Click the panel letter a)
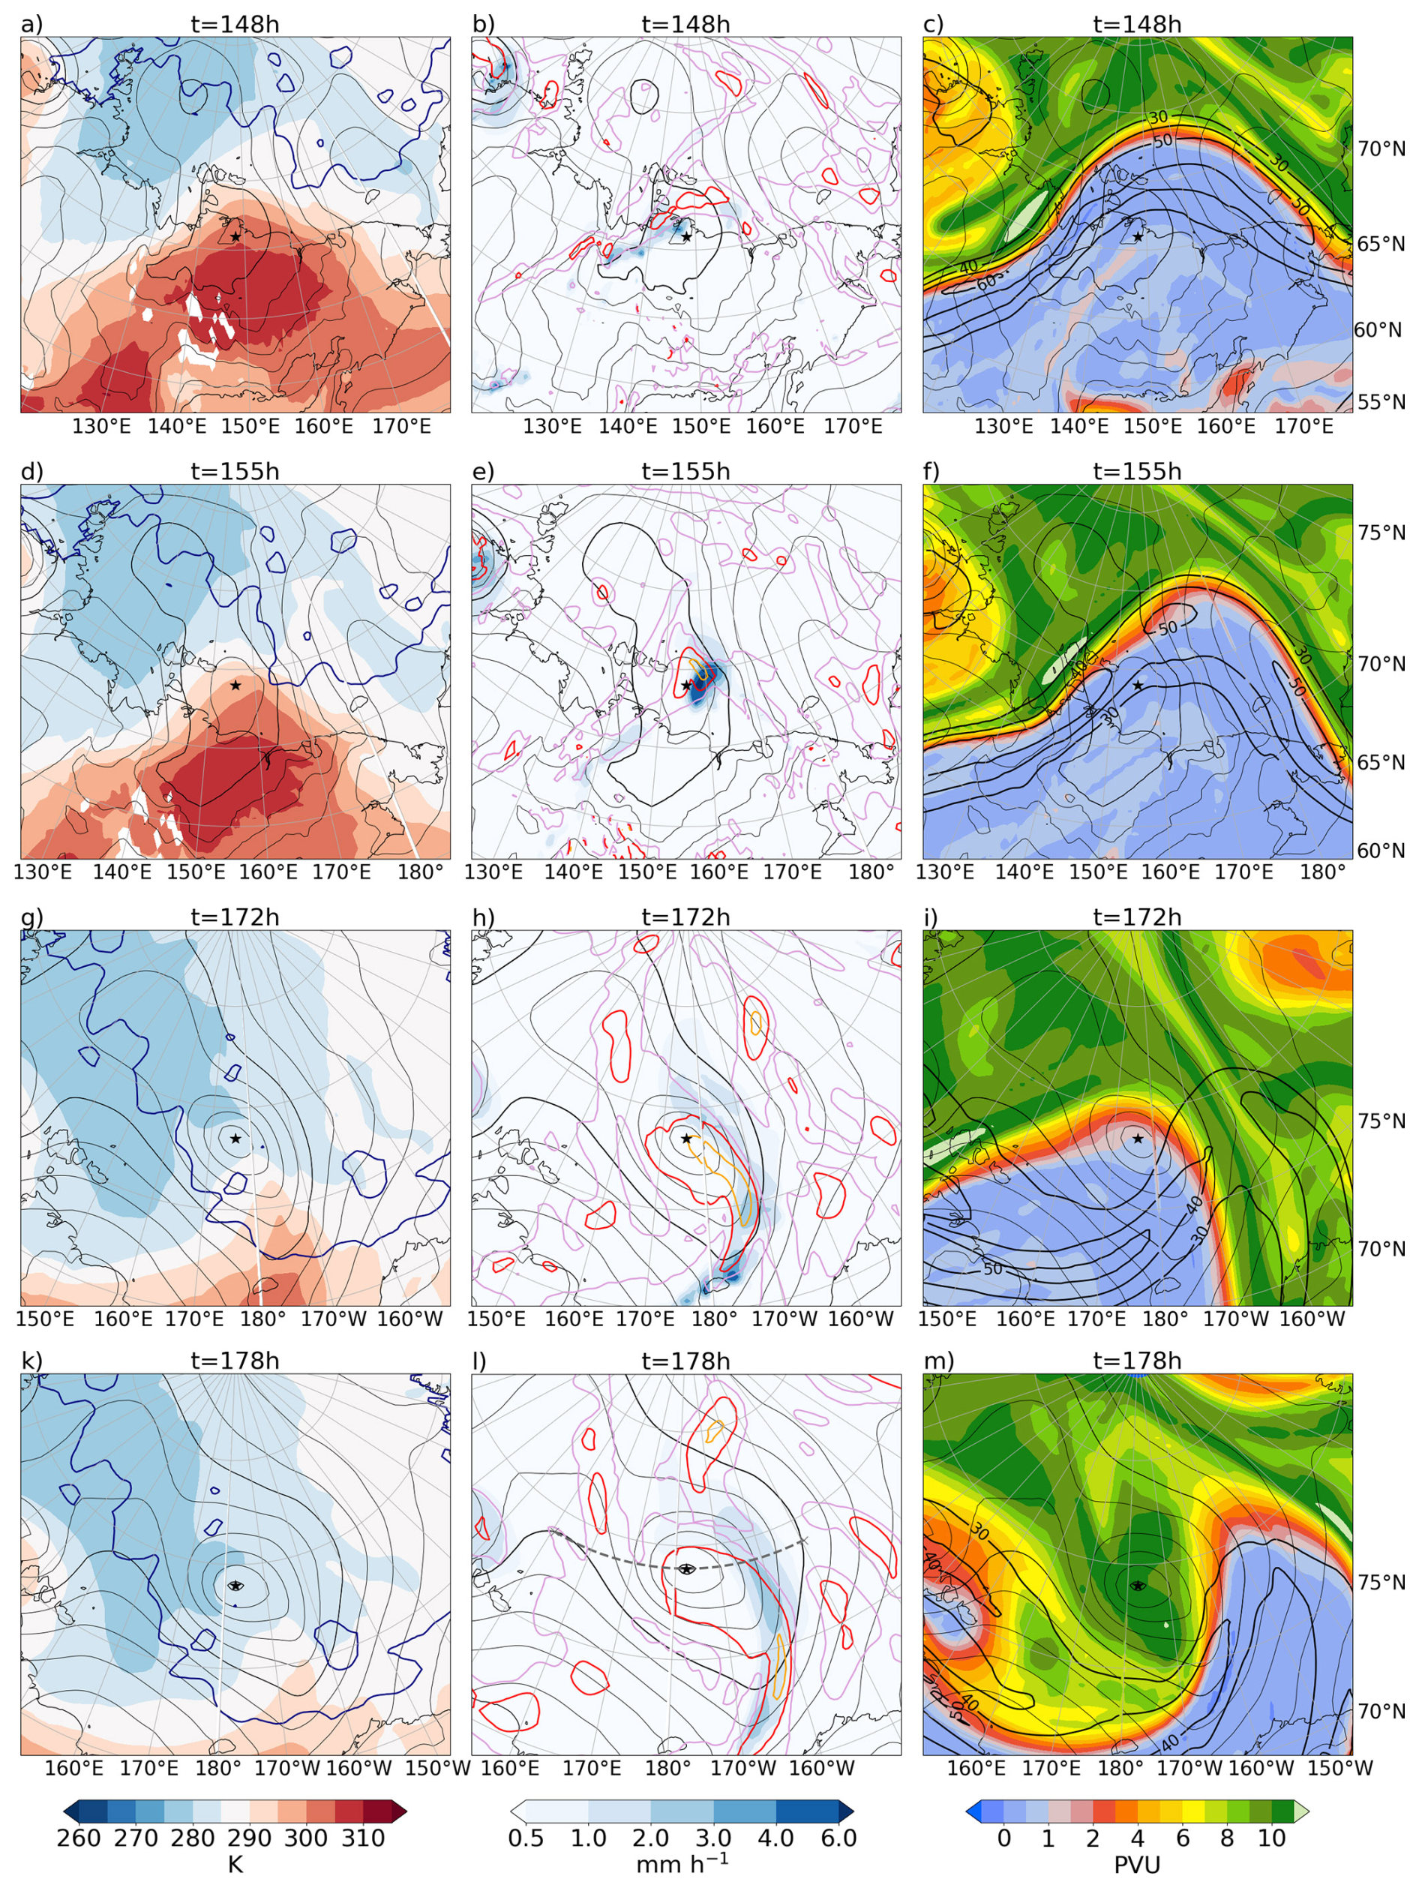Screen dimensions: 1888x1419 click(x=31, y=24)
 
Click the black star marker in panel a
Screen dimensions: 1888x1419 click(x=235, y=236)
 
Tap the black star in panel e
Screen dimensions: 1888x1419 click(x=686, y=685)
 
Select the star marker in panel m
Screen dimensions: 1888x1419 click(x=1138, y=1585)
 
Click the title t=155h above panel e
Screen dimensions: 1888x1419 click(x=686, y=471)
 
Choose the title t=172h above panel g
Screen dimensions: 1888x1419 click(x=235, y=917)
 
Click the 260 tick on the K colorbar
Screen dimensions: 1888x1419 click(x=79, y=1837)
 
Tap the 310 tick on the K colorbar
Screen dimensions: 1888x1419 click(x=364, y=1837)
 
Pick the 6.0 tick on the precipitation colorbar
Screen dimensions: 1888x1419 click(x=838, y=1837)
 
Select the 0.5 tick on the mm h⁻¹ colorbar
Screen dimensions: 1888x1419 click(x=526, y=1837)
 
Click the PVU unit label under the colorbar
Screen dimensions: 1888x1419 click(x=1138, y=1864)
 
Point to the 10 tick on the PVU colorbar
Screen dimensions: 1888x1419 click(x=1270, y=1837)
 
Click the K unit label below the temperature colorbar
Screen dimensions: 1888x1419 click(x=235, y=1864)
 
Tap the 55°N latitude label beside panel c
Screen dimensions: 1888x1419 click(x=1381, y=401)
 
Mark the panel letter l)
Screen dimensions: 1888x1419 click(x=481, y=1361)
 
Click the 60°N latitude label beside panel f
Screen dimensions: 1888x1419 click(x=1381, y=850)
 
